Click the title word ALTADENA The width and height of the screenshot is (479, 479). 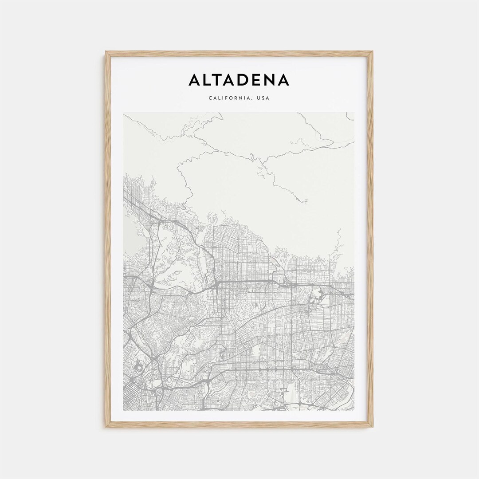[239, 80]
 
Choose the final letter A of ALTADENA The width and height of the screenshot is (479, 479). [284, 80]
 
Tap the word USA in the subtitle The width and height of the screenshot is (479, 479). [263, 98]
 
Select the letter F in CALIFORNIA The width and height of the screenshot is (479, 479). [225, 98]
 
